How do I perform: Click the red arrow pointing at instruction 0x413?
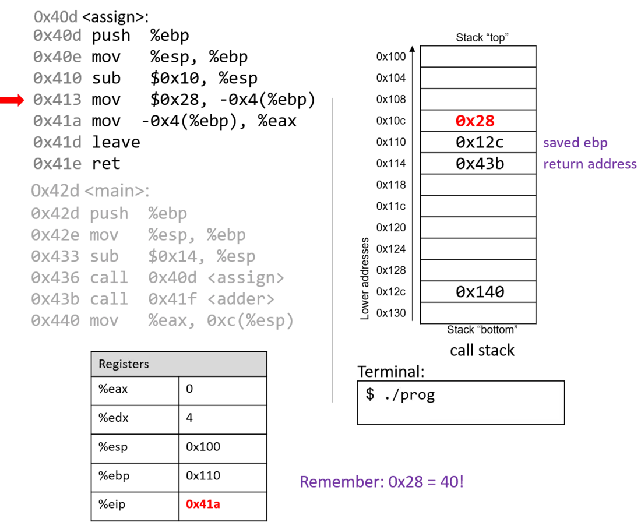(12, 100)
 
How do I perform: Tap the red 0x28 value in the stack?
(475, 121)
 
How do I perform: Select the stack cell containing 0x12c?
(478, 142)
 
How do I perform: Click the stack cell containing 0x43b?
(478, 164)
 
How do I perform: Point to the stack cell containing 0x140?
(478, 291)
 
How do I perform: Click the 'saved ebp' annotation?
(575, 143)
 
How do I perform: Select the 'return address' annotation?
(590, 164)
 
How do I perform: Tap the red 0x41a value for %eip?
(203, 504)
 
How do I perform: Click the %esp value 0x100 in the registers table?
(203, 446)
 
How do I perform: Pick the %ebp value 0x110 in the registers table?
(203, 475)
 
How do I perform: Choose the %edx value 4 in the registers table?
(189, 417)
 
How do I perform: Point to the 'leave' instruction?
(116, 142)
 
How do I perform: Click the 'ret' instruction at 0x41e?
(106, 164)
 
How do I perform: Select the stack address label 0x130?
(391, 313)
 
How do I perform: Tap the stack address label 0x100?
(391, 57)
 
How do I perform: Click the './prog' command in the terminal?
(409, 395)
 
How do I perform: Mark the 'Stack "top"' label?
(482, 38)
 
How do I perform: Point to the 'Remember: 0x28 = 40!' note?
(382, 482)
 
